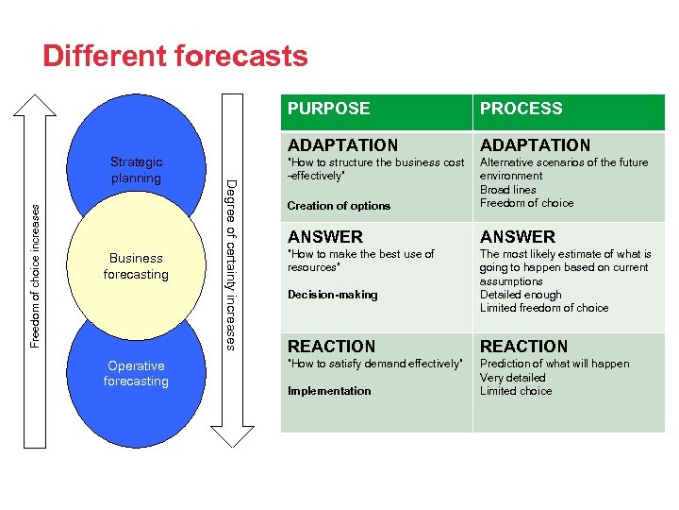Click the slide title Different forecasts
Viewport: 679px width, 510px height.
pyautogui.click(x=175, y=56)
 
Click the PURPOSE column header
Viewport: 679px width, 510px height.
pyautogui.click(x=328, y=109)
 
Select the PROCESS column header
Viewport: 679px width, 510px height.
pyautogui.click(x=521, y=109)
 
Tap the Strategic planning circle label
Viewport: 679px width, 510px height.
pyautogui.click(x=136, y=170)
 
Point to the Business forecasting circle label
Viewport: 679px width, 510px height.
pyautogui.click(x=136, y=266)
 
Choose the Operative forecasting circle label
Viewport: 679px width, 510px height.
pyautogui.click(x=136, y=373)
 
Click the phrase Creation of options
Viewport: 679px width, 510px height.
pyautogui.click(x=339, y=206)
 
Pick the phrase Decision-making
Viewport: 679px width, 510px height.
pyautogui.click(x=332, y=295)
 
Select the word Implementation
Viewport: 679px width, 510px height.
pyautogui.click(x=329, y=391)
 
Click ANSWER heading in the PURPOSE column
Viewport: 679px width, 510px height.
pyautogui.click(x=325, y=237)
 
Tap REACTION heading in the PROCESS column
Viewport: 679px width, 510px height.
pyautogui.click(x=523, y=347)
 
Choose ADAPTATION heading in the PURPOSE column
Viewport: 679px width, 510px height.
pyautogui.click(x=342, y=145)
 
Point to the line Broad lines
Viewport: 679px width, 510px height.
pyautogui.click(x=508, y=190)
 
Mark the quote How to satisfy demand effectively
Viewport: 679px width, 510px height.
pyautogui.click(x=375, y=364)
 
